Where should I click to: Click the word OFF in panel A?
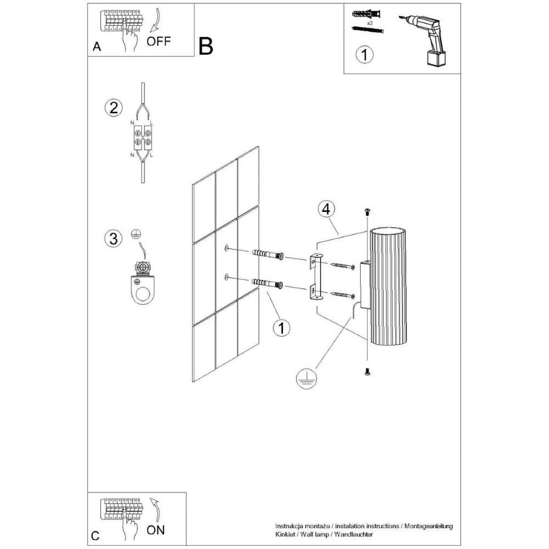159,41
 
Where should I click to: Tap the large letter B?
206,47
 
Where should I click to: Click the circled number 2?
113,108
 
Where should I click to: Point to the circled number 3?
113,239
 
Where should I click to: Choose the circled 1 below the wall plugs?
282,328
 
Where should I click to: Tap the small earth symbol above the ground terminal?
135,235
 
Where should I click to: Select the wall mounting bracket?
316,278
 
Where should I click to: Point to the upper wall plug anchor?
268,255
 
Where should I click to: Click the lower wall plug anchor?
268,284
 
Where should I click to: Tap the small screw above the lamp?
367,212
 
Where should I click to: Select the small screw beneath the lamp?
367,373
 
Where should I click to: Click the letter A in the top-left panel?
97,47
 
